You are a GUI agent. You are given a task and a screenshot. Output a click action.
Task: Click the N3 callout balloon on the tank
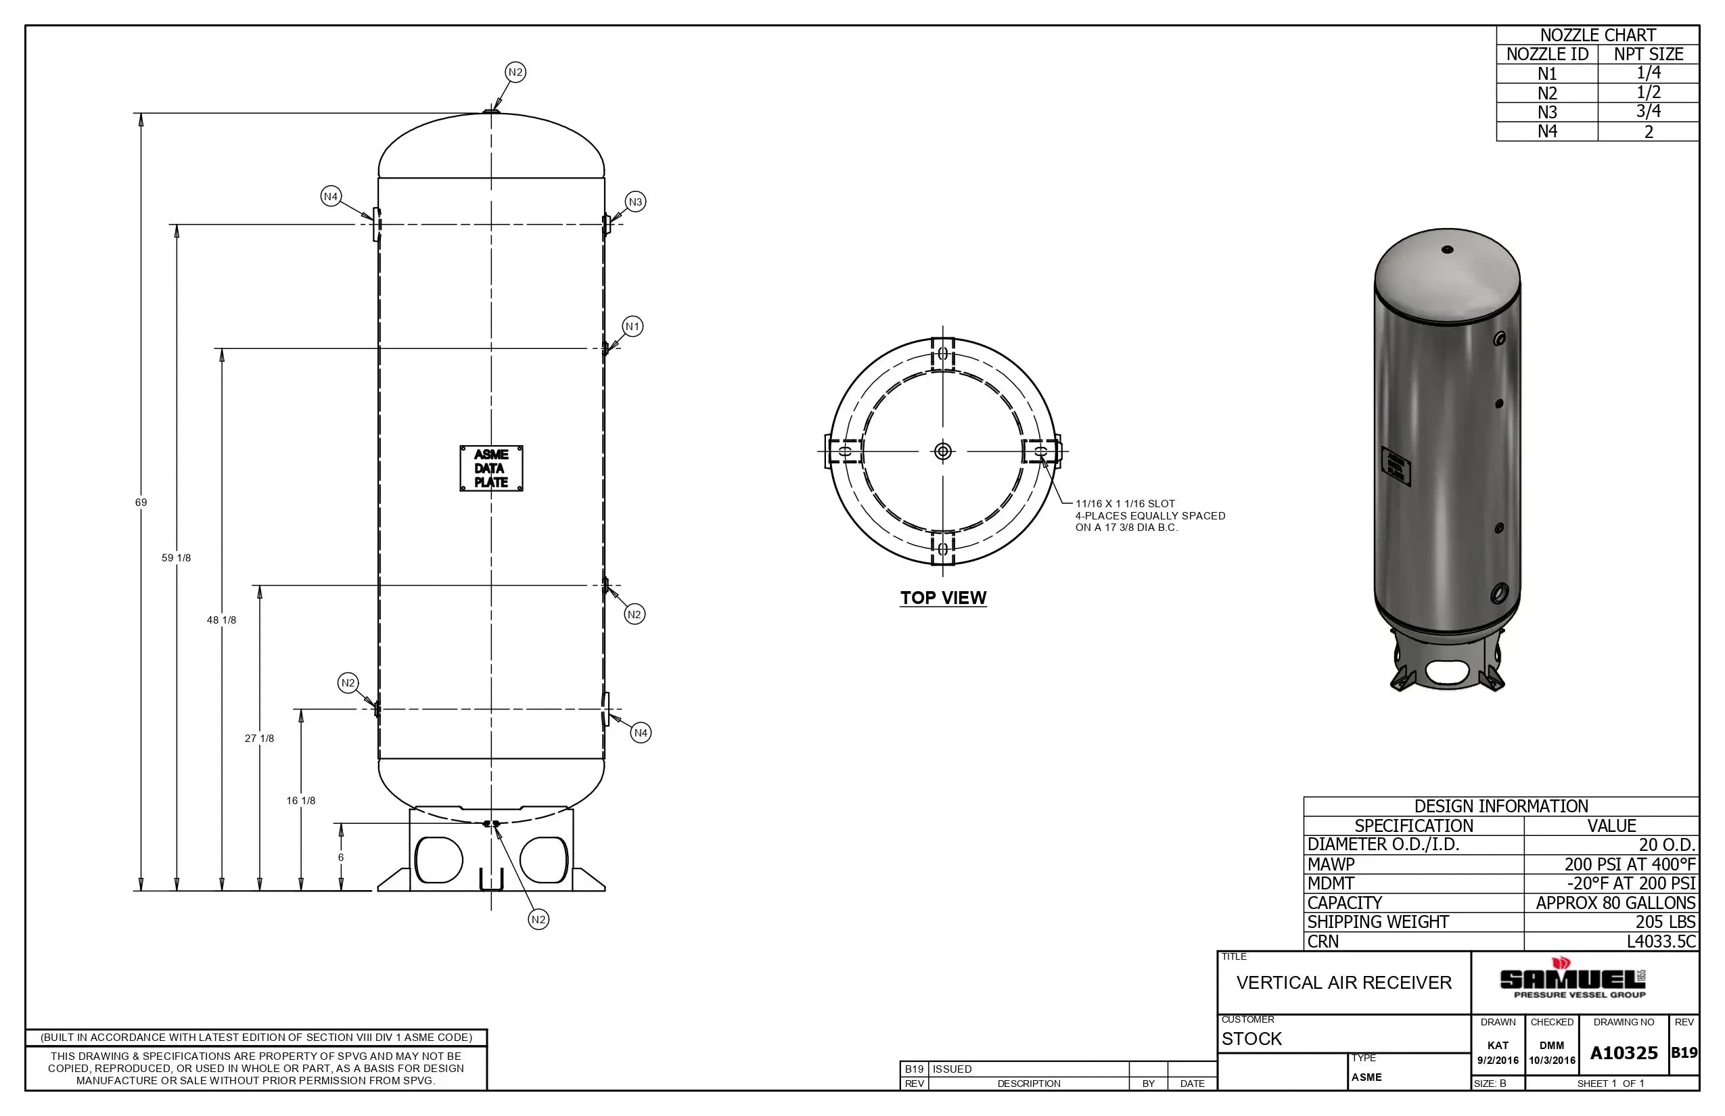(x=635, y=202)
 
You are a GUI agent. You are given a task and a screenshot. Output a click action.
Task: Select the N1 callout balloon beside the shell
(x=632, y=326)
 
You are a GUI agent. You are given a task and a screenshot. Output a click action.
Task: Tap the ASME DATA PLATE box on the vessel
(x=490, y=468)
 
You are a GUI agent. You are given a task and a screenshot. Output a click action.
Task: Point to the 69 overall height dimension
(x=141, y=502)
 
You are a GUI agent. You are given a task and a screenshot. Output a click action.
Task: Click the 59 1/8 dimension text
(x=176, y=557)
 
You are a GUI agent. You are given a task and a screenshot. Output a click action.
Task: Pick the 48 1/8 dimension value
(x=221, y=620)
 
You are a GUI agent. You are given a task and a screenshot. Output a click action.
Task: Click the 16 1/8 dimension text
(x=300, y=801)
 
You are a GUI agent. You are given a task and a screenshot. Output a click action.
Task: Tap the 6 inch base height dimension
(x=341, y=858)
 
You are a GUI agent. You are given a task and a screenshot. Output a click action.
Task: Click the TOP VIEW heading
(x=942, y=598)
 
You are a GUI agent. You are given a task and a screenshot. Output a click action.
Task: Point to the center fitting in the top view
(x=942, y=452)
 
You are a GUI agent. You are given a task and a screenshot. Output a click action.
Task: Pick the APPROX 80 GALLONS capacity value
(x=1615, y=903)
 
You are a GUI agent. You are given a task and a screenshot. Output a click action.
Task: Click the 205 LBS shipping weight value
(x=1665, y=922)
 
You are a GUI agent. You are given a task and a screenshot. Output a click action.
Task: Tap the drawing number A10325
(x=1624, y=1053)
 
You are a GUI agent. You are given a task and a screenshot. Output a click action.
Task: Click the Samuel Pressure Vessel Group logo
(x=1573, y=980)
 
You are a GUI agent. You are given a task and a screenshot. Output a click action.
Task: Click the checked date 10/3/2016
(x=1552, y=1061)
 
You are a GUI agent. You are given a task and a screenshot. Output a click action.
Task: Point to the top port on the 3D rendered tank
(x=1448, y=250)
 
